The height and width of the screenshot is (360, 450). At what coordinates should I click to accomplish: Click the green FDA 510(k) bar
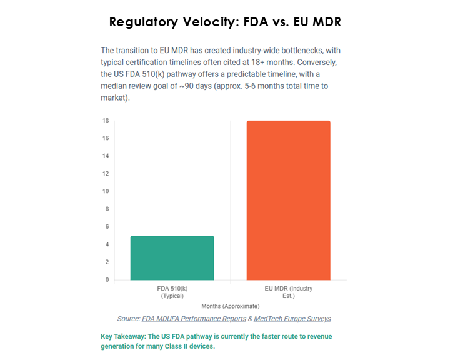pyautogui.click(x=172, y=257)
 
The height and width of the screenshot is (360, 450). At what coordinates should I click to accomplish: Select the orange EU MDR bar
pyautogui.click(x=288, y=200)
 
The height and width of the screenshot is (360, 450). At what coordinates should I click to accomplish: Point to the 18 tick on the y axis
pyautogui.click(x=106, y=121)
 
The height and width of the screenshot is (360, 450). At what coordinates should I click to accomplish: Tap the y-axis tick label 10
pyautogui.click(x=106, y=191)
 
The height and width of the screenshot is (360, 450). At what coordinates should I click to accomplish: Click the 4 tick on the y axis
pyautogui.click(x=107, y=244)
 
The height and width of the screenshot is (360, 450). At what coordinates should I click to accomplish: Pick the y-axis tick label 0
pyautogui.click(x=107, y=279)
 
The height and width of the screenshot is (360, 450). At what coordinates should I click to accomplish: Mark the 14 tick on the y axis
pyautogui.click(x=106, y=156)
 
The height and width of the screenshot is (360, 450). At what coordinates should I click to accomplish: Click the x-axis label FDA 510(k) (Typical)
pyautogui.click(x=172, y=292)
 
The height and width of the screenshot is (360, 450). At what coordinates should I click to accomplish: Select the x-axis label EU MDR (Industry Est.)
pyautogui.click(x=288, y=292)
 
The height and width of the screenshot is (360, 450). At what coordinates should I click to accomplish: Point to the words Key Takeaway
pyautogui.click(x=124, y=336)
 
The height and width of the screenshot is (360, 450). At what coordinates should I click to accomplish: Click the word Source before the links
pyautogui.click(x=127, y=319)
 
